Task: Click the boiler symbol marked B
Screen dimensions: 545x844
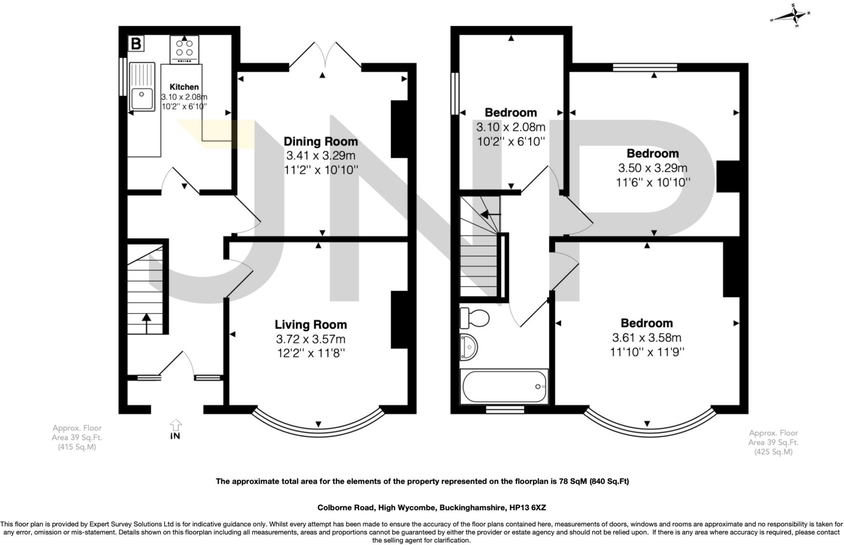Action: [x=136, y=43]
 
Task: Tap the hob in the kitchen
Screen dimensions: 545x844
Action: [x=184, y=49]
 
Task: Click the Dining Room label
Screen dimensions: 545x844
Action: [x=321, y=142]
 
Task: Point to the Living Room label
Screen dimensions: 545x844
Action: [x=311, y=325]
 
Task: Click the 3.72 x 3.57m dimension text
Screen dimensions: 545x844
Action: [x=311, y=339]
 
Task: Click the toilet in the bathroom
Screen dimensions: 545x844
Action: [x=474, y=317]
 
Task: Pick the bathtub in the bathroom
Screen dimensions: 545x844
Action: [x=504, y=387]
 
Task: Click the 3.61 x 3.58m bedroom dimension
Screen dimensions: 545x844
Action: [x=647, y=338]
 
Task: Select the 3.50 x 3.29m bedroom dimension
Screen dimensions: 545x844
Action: [x=652, y=168]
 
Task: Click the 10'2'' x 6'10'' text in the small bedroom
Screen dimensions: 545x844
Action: [x=511, y=142]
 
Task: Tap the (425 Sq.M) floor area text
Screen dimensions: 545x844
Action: [x=773, y=452]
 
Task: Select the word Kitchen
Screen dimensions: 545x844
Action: [x=184, y=87]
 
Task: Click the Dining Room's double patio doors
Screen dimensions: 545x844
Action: [x=326, y=56]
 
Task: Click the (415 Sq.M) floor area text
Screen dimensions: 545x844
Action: [x=77, y=447]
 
